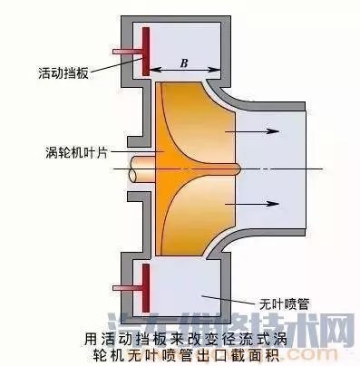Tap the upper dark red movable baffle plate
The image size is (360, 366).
pyautogui.click(x=144, y=51)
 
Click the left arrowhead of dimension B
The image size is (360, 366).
pyautogui.click(x=152, y=71)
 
